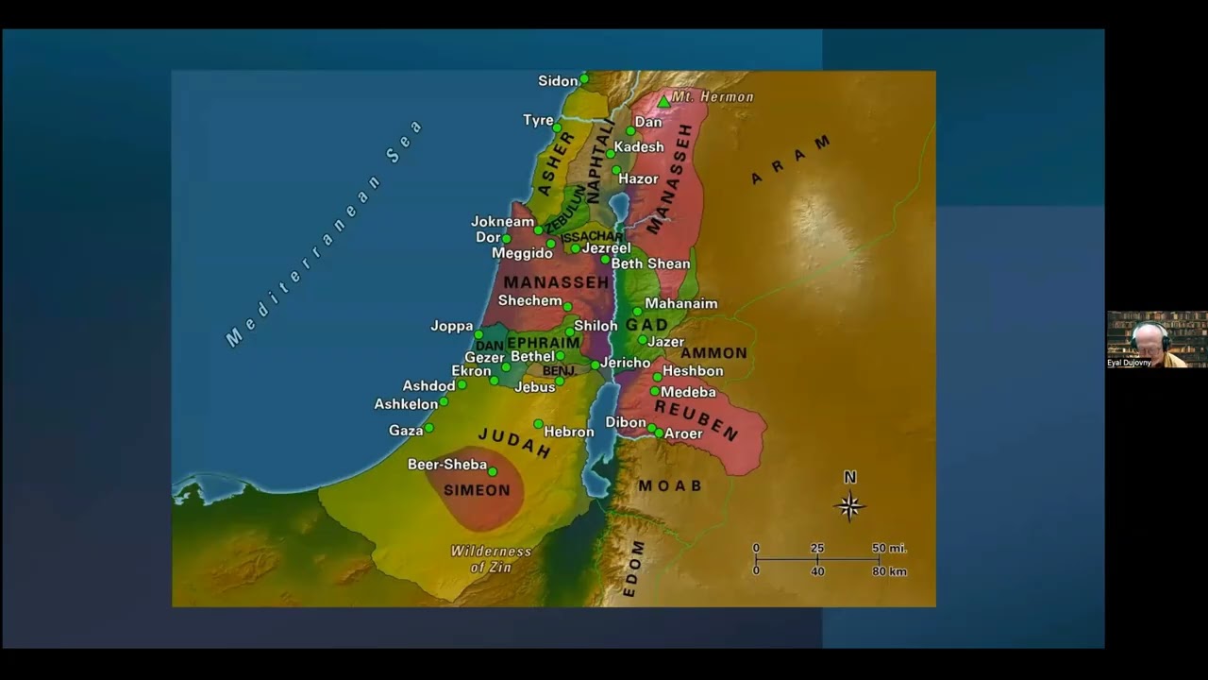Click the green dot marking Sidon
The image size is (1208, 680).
[x=584, y=78]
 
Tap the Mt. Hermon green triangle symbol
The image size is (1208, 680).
[x=663, y=101]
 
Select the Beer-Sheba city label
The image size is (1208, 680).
[x=447, y=465]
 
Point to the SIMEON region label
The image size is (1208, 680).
[x=477, y=490]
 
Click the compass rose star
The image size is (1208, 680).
[x=849, y=506]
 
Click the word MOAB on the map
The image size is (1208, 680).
[x=670, y=486]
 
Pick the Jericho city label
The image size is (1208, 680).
[x=626, y=363]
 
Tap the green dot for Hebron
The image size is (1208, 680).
[x=538, y=424]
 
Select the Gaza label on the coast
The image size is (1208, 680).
[x=406, y=431]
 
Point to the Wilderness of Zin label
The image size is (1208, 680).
[x=491, y=559]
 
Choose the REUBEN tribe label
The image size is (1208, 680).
[x=696, y=420]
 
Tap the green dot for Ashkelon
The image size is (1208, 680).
[x=444, y=401]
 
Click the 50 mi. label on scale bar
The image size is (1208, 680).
[x=889, y=548]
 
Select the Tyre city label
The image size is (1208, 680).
[x=538, y=121]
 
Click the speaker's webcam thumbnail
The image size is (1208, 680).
[x=1156, y=339]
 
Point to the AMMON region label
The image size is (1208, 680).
[x=713, y=353]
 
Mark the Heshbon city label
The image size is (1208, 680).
[x=693, y=371]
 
